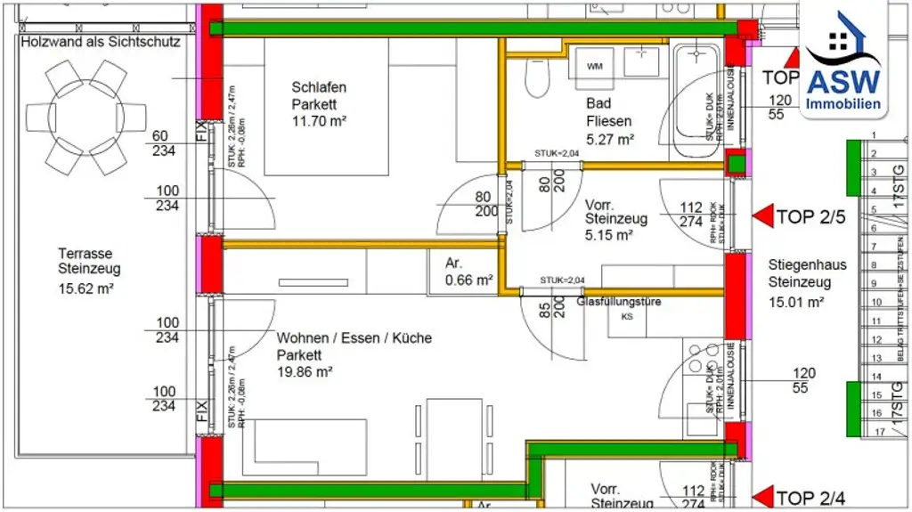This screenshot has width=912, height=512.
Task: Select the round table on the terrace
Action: [86, 118]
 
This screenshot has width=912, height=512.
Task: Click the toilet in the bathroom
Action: [536, 79]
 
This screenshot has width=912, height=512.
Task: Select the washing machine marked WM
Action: [594, 65]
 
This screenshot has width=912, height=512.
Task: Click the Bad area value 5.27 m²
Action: [610, 139]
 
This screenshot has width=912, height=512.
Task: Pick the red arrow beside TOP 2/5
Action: [763, 215]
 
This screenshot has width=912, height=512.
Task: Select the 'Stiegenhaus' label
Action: [807, 265]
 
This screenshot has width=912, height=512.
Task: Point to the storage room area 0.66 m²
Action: [469, 280]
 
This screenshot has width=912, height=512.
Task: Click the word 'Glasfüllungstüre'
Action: [620, 302]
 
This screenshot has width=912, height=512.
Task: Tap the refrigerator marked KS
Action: [627, 316]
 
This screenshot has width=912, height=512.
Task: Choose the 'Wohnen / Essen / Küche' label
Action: [354, 338]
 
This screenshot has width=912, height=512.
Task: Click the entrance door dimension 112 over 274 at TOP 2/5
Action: [691, 215]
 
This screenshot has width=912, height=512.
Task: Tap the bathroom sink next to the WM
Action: [639, 61]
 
